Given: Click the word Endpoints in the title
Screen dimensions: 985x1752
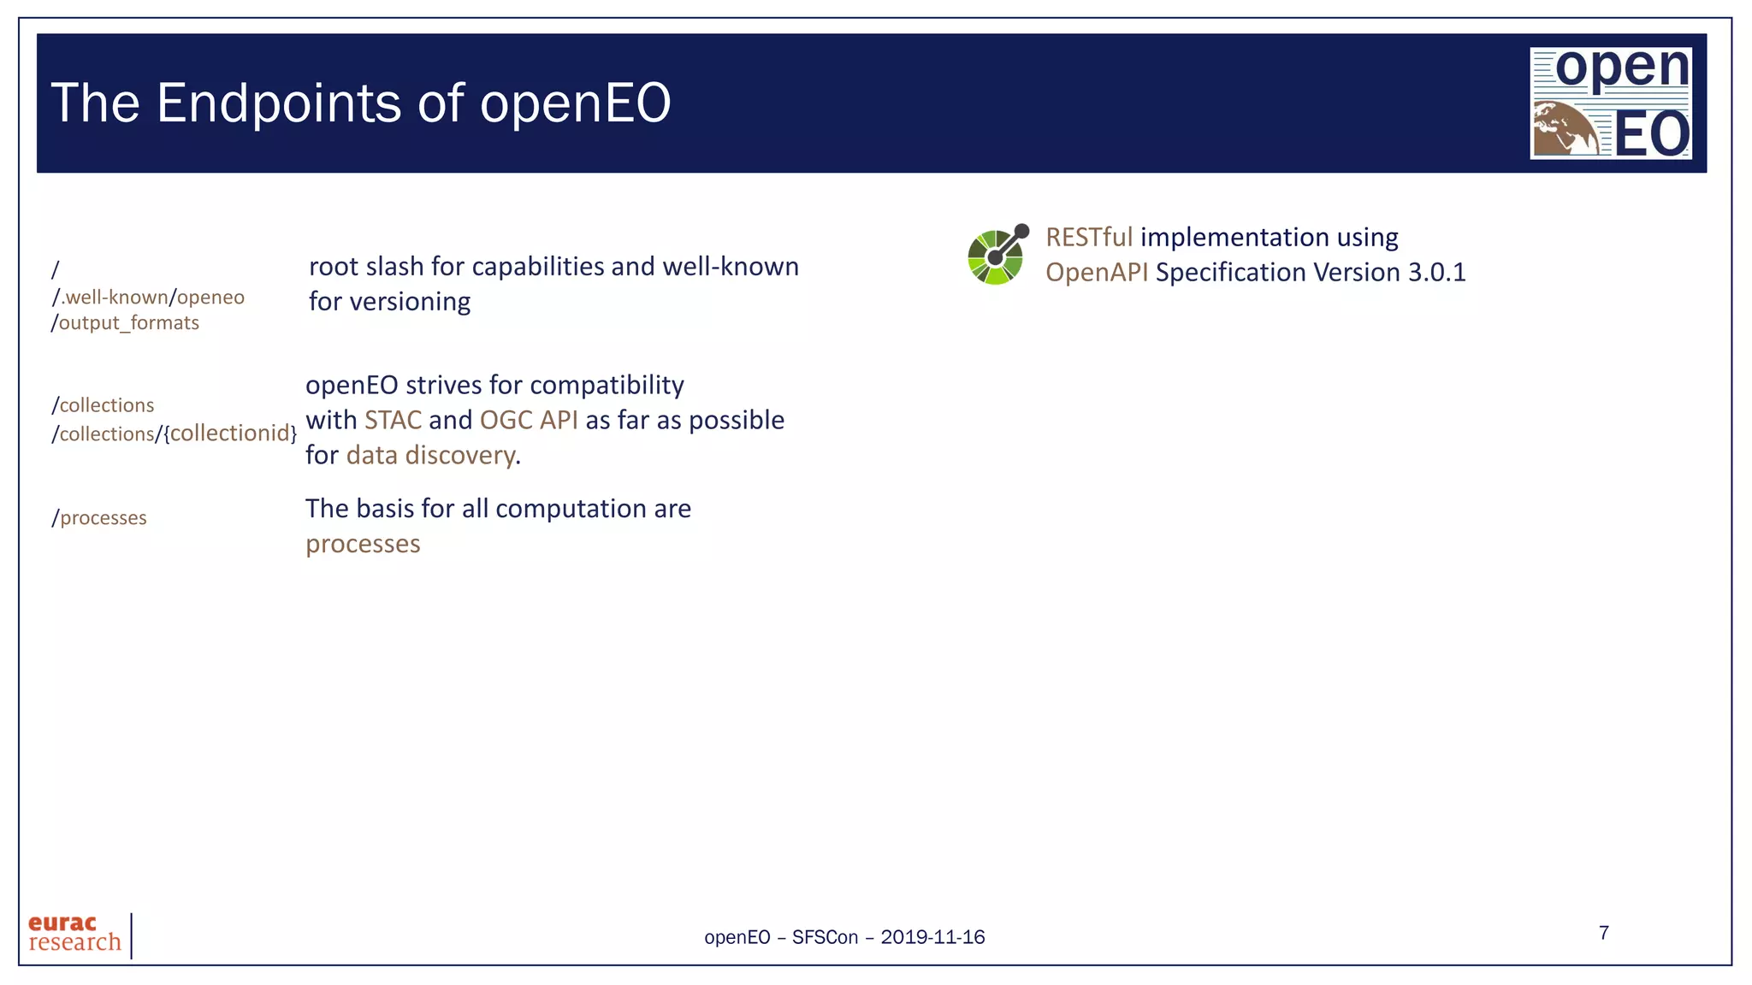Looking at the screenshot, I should click(279, 103).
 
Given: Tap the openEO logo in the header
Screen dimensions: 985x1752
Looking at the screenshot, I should click(1610, 103).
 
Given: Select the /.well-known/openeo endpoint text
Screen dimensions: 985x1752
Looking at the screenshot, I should click(148, 298).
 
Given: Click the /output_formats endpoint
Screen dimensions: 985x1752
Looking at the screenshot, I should click(125, 323).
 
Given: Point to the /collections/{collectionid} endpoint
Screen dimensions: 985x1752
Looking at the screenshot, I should click(174, 434).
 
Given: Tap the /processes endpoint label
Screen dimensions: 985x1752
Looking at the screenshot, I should click(99, 518).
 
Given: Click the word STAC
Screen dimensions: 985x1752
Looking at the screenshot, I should click(393, 420).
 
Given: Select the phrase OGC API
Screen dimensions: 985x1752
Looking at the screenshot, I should click(528, 420).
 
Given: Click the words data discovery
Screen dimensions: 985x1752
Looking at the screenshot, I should click(430, 455).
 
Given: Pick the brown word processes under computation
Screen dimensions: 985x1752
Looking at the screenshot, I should click(363, 544).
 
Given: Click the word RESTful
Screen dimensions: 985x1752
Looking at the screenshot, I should click(1088, 237).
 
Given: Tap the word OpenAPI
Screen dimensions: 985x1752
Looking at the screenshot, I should click(1096, 272).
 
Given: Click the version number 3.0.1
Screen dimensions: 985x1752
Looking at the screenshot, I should click(1436, 272).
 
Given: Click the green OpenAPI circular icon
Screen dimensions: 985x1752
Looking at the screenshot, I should click(996, 256).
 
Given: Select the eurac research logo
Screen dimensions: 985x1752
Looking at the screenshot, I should click(75, 934).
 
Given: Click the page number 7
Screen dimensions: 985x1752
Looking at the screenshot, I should click(1604, 933).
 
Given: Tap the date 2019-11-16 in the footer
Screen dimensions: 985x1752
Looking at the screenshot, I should click(932, 937).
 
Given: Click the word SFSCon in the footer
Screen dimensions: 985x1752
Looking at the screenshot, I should click(825, 937).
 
